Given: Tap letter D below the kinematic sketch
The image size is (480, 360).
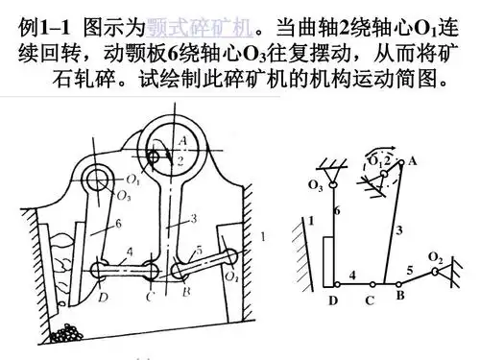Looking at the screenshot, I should tap(333, 300).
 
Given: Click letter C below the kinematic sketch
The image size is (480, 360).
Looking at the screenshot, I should tap(370, 300).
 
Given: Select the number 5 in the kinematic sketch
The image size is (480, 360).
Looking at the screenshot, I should tap(410, 272).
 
